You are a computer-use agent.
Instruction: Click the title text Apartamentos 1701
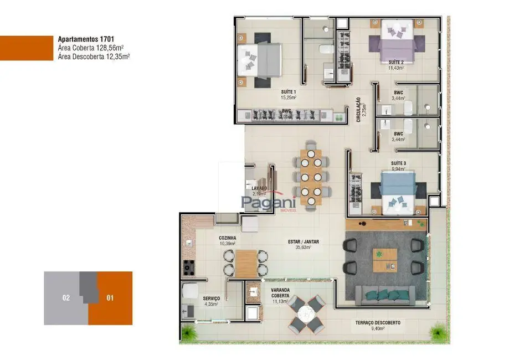point(86,39)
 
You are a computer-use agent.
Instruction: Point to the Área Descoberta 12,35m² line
point(94,56)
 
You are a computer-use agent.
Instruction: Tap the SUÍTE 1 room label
point(288,92)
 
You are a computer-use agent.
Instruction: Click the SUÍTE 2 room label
point(395,62)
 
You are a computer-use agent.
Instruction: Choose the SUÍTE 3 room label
point(398,163)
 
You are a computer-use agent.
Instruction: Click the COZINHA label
point(227,238)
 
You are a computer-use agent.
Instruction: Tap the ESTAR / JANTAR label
point(303,241)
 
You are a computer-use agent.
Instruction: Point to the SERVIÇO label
point(211,299)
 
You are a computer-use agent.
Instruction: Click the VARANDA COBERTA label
point(280,293)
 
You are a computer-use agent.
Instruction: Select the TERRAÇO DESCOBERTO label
point(378,322)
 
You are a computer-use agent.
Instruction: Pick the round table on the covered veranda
point(306,314)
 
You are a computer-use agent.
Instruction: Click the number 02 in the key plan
point(66,298)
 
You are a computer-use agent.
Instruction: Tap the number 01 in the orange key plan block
point(110,298)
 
